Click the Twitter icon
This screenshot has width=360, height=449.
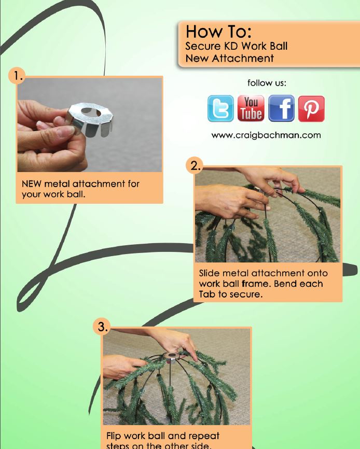[220, 108]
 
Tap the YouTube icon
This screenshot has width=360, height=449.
[251, 108]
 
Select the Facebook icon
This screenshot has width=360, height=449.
[281, 108]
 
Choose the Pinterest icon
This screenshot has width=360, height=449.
[311, 108]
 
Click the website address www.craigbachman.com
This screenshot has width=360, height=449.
[266, 135]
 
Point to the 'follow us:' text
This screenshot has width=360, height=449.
[267, 82]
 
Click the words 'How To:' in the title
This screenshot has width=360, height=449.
[218, 32]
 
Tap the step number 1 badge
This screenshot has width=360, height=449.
[19, 77]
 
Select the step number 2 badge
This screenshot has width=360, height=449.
[194, 166]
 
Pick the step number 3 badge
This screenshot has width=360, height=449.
[102, 327]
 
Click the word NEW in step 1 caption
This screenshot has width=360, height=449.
[32, 184]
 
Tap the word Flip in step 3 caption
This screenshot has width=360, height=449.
[115, 434]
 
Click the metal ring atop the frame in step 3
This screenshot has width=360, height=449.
[170, 357]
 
